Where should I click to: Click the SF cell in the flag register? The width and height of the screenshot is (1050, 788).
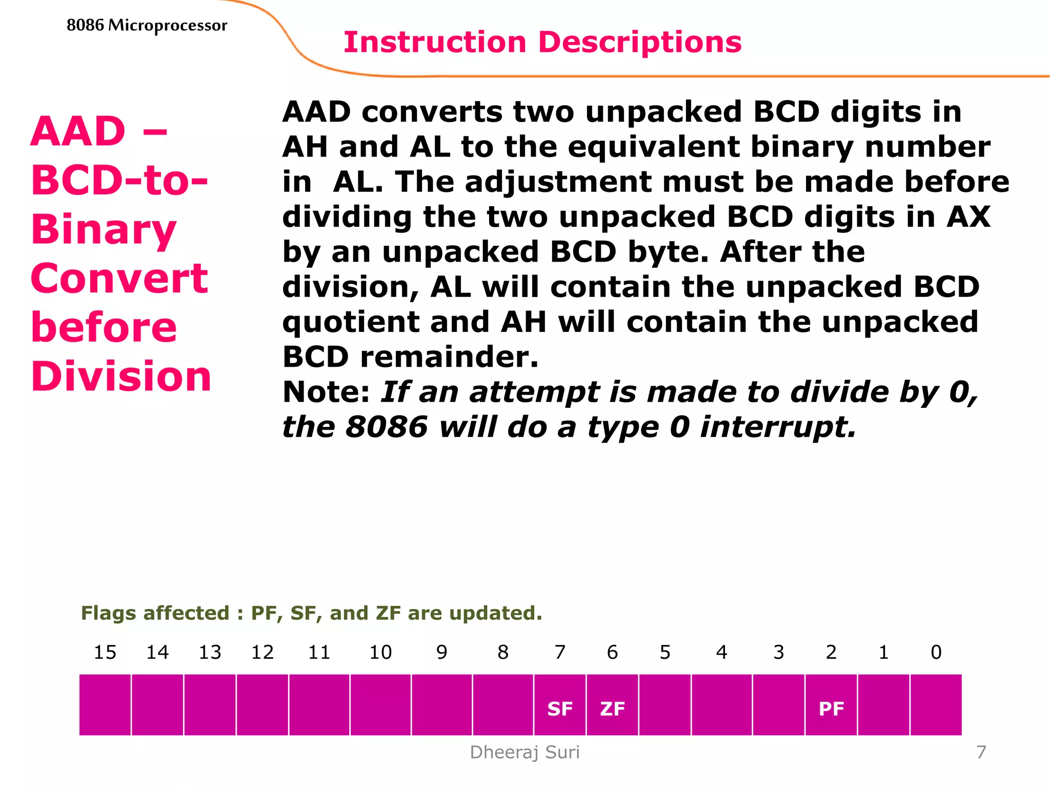559,708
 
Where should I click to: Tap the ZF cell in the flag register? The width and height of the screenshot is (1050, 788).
612,708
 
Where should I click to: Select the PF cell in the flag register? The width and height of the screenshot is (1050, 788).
831,708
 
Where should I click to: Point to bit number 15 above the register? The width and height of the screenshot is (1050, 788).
105,652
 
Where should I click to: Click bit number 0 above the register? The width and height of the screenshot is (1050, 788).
936,652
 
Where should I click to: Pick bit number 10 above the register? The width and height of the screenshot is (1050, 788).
380,652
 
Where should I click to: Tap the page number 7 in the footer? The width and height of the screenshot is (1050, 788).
981,752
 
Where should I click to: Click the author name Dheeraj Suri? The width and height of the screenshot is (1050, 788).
524,752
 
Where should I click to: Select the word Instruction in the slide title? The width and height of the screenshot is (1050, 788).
435,42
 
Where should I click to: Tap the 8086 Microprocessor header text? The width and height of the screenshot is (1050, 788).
147,25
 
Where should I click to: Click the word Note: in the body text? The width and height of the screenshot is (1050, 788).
326,392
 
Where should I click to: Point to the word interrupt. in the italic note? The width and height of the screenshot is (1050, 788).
778,427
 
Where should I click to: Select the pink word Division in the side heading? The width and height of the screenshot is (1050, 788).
121,377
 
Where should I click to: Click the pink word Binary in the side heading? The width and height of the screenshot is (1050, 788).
104,229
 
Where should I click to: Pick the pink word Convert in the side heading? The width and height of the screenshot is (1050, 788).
119,279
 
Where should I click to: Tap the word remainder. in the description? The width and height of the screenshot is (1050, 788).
449,357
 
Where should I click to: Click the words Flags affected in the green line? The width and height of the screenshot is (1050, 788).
155,613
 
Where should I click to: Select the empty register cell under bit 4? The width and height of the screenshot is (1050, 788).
721,705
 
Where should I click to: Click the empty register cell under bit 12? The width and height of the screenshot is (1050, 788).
262,705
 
